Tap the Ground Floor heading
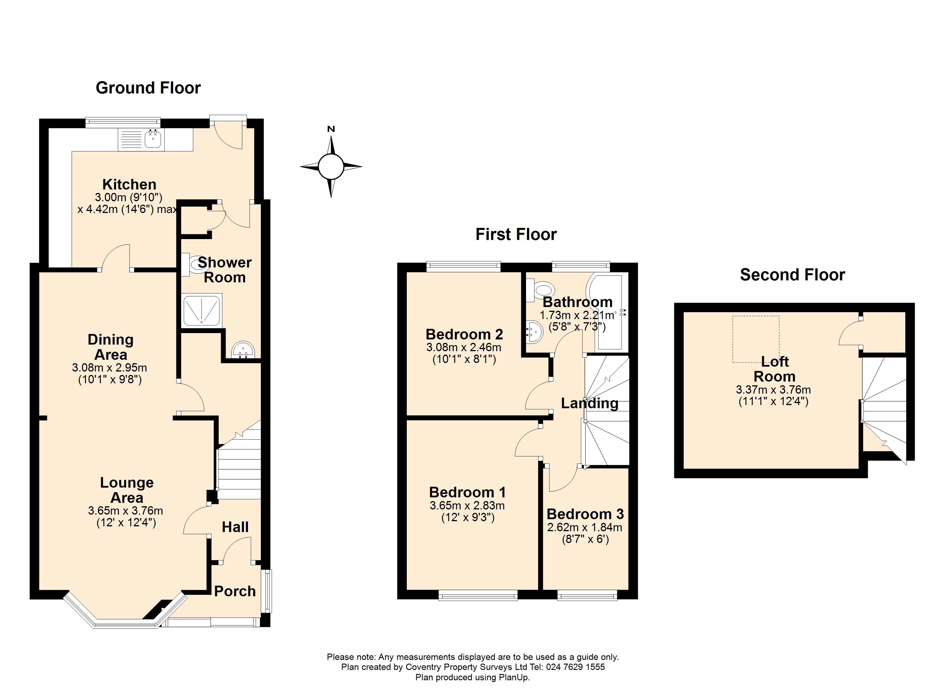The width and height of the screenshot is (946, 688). pos(148,88)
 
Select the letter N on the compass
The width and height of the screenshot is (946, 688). pos(331,129)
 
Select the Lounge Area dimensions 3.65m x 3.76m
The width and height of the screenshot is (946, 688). pos(126,511)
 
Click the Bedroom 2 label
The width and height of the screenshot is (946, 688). pos(464,334)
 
